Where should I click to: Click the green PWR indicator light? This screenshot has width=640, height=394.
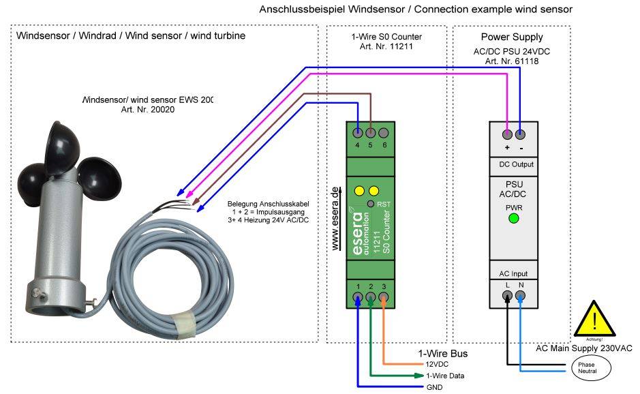pyautogui.click(x=514, y=219)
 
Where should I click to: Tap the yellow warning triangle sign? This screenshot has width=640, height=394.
pyautogui.click(x=594, y=318)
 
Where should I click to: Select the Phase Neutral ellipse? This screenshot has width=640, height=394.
pyautogui.click(x=587, y=368)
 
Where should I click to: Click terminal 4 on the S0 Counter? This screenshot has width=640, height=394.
pyautogui.click(x=359, y=133)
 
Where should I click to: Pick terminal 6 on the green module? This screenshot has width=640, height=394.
pyautogui.click(x=384, y=133)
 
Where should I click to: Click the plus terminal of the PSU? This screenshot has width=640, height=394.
pyautogui.click(x=507, y=134)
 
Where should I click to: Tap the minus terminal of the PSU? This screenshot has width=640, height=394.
pyautogui.click(x=520, y=134)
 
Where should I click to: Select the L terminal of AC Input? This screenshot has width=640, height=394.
pyautogui.click(x=508, y=296)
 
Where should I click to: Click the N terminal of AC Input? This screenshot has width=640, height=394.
pyautogui.click(x=521, y=296)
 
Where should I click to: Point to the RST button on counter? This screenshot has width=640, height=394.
pyautogui.click(x=370, y=204)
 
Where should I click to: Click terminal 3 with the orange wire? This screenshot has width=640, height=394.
pyautogui.click(x=384, y=297)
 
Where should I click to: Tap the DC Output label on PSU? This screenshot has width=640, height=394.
pyautogui.click(x=513, y=165)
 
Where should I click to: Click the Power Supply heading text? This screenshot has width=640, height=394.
pyautogui.click(x=512, y=37)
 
